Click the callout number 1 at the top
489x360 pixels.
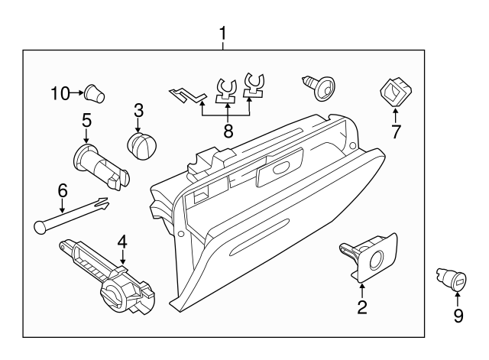click(x=223, y=34)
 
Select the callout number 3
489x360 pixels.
click(x=138, y=109)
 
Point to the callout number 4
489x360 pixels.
click(x=121, y=243)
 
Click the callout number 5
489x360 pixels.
click(x=86, y=120)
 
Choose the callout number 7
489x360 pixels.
click(x=396, y=131)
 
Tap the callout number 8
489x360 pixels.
click(x=228, y=131)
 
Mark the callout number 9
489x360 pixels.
click(x=458, y=315)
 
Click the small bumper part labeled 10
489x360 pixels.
click(x=94, y=94)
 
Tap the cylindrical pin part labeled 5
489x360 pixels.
click(x=99, y=167)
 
